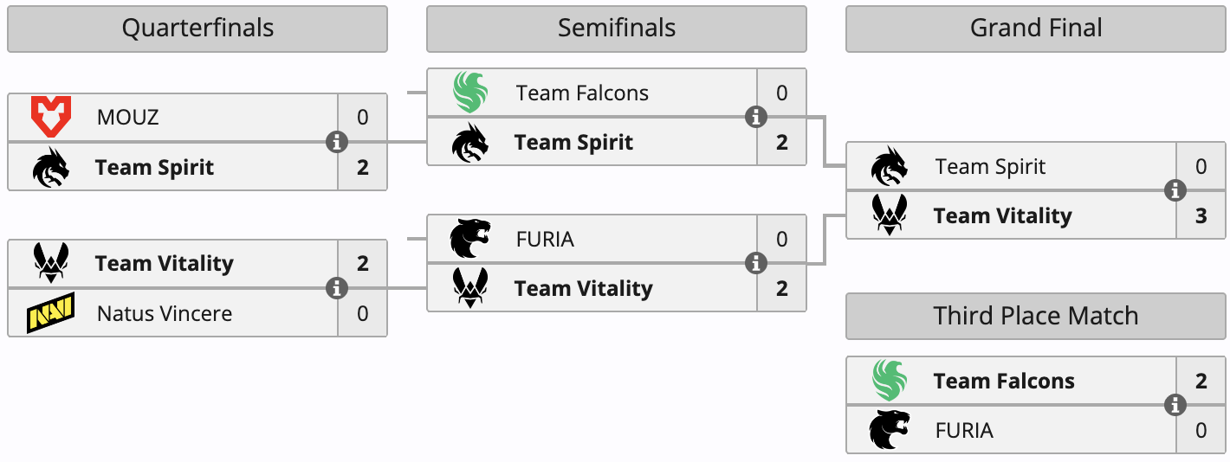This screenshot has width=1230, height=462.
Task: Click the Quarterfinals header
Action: point(197,29)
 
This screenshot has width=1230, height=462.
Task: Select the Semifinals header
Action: point(616,29)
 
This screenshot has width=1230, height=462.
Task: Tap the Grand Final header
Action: point(1036,29)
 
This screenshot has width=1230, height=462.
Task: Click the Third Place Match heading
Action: point(1036,316)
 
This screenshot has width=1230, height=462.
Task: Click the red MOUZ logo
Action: point(51,117)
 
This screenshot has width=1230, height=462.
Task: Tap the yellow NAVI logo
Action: point(51,312)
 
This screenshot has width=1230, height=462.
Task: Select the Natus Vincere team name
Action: point(165,313)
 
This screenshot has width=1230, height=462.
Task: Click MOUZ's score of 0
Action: point(362,117)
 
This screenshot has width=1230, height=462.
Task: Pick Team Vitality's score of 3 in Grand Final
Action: point(1201,215)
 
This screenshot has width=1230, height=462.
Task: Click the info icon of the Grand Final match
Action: point(1175,191)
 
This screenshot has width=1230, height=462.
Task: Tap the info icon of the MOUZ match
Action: point(337,142)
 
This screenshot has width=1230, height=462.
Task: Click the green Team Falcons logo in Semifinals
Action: point(470,93)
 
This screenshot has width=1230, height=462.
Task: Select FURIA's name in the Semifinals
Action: point(545,239)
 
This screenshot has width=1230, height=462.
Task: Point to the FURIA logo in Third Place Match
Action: point(890,430)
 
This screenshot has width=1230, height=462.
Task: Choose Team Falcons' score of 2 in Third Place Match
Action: point(1201,381)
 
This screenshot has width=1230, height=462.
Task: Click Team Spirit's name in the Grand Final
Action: point(990,166)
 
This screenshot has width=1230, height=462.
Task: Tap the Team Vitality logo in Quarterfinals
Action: point(51,263)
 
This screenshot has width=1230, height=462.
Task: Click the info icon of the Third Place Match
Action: point(1175,405)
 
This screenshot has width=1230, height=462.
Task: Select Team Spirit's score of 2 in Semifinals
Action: point(781,142)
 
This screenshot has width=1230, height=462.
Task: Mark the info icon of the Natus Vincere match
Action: point(337,288)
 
